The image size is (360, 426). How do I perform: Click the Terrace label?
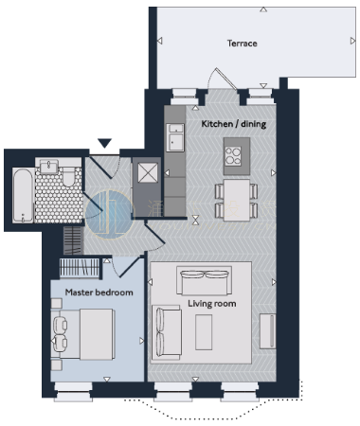coord(243,44)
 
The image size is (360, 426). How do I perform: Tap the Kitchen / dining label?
coord(234,124)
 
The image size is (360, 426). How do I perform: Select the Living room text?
coord(212,304)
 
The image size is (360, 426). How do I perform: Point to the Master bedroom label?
coord(99,293)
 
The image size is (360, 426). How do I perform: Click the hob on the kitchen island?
coord(233,156)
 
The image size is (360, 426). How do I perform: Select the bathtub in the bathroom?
coord(23,195)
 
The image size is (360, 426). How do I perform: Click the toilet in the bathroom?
coord(68,177)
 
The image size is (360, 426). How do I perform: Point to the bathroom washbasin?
coord(48,166)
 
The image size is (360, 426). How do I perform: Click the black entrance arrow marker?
coord(104,143)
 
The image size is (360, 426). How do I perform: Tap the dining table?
coord(237,200)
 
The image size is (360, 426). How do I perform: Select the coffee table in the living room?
coord(204,332)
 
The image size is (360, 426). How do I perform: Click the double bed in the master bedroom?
coord(82,334)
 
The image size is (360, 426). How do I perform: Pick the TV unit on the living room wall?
coord(267,331)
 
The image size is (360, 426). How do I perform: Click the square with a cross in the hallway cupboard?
coord(148,172)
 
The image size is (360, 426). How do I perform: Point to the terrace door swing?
coord(222,79)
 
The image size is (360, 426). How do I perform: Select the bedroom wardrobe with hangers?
coord(80,268)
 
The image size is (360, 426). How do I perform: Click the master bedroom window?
coord(73,392)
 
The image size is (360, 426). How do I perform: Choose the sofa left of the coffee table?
coord(166,332)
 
